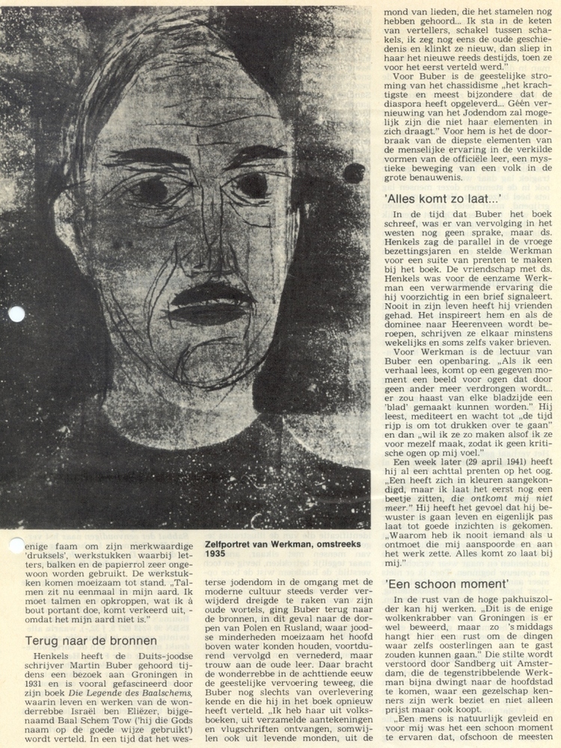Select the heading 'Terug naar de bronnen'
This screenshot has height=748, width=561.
tap(91, 641)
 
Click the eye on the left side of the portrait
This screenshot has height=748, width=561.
tap(150, 187)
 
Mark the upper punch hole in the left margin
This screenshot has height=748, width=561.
tap(16, 313)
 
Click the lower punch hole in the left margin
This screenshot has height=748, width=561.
tap(16, 545)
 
